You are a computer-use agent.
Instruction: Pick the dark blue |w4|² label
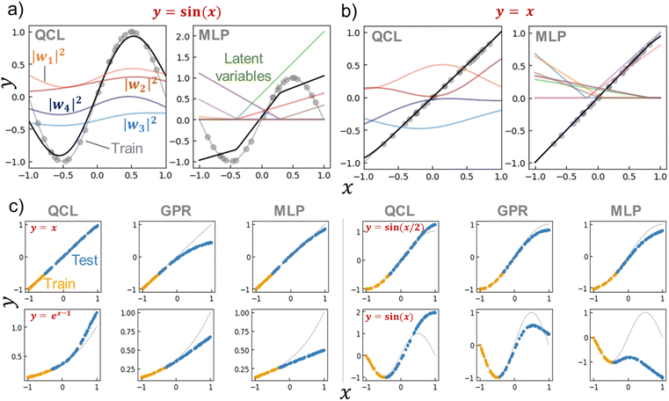pos(67,107)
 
